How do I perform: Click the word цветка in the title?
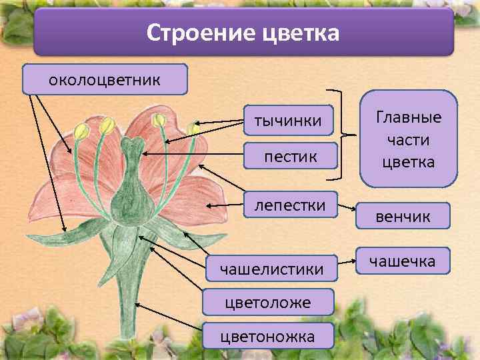point(293,33)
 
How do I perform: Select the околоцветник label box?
point(105,80)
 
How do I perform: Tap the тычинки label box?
point(288,121)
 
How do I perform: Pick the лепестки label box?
point(290,205)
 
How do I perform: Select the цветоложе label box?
point(268,303)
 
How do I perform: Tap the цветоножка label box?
point(268,336)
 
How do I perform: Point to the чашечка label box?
point(403,261)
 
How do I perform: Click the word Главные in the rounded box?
point(409,118)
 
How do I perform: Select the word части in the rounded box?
point(409,140)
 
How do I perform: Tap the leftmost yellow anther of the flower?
point(81,131)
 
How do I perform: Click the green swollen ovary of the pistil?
point(131,199)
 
